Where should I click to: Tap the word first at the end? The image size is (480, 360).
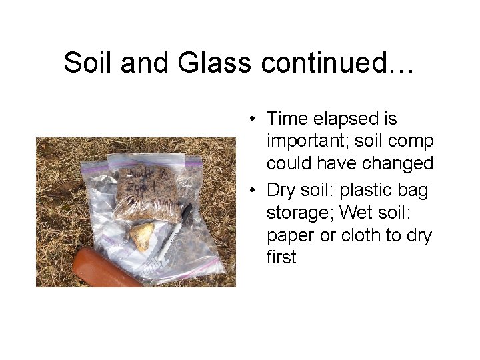(x=281, y=257)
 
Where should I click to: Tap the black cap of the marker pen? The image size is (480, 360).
(x=186, y=211)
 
